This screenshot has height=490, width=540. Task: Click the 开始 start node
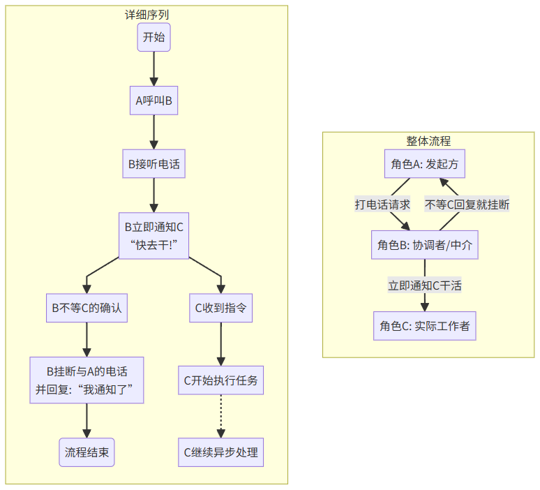click(x=153, y=37)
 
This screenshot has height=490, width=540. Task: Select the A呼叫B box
click(x=153, y=101)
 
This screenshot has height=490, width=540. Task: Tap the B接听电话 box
click(x=153, y=164)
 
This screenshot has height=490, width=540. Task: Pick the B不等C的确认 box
click(x=87, y=308)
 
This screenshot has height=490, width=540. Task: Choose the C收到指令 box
click(x=221, y=308)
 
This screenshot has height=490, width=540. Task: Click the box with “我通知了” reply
click(x=87, y=380)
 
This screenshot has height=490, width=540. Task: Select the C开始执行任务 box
click(x=221, y=380)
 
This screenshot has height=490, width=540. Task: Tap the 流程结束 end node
click(x=87, y=452)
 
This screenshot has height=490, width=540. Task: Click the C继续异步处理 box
click(x=221, y=452)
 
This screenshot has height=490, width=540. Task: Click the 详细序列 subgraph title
click(x=146, y=14)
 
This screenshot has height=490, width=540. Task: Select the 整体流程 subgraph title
click(x=428, y=140)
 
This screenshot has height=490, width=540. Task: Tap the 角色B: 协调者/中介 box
click(x=425, y=245)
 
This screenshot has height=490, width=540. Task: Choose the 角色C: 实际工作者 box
click(x=425, y=326)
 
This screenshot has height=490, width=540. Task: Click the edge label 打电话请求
click(x=382, y=205)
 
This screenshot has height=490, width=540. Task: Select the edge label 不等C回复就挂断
click(x=467, y=205)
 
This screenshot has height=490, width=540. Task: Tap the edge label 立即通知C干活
click(x=425, y=285)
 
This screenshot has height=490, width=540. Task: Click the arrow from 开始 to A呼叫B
click(x=153, y=68)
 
